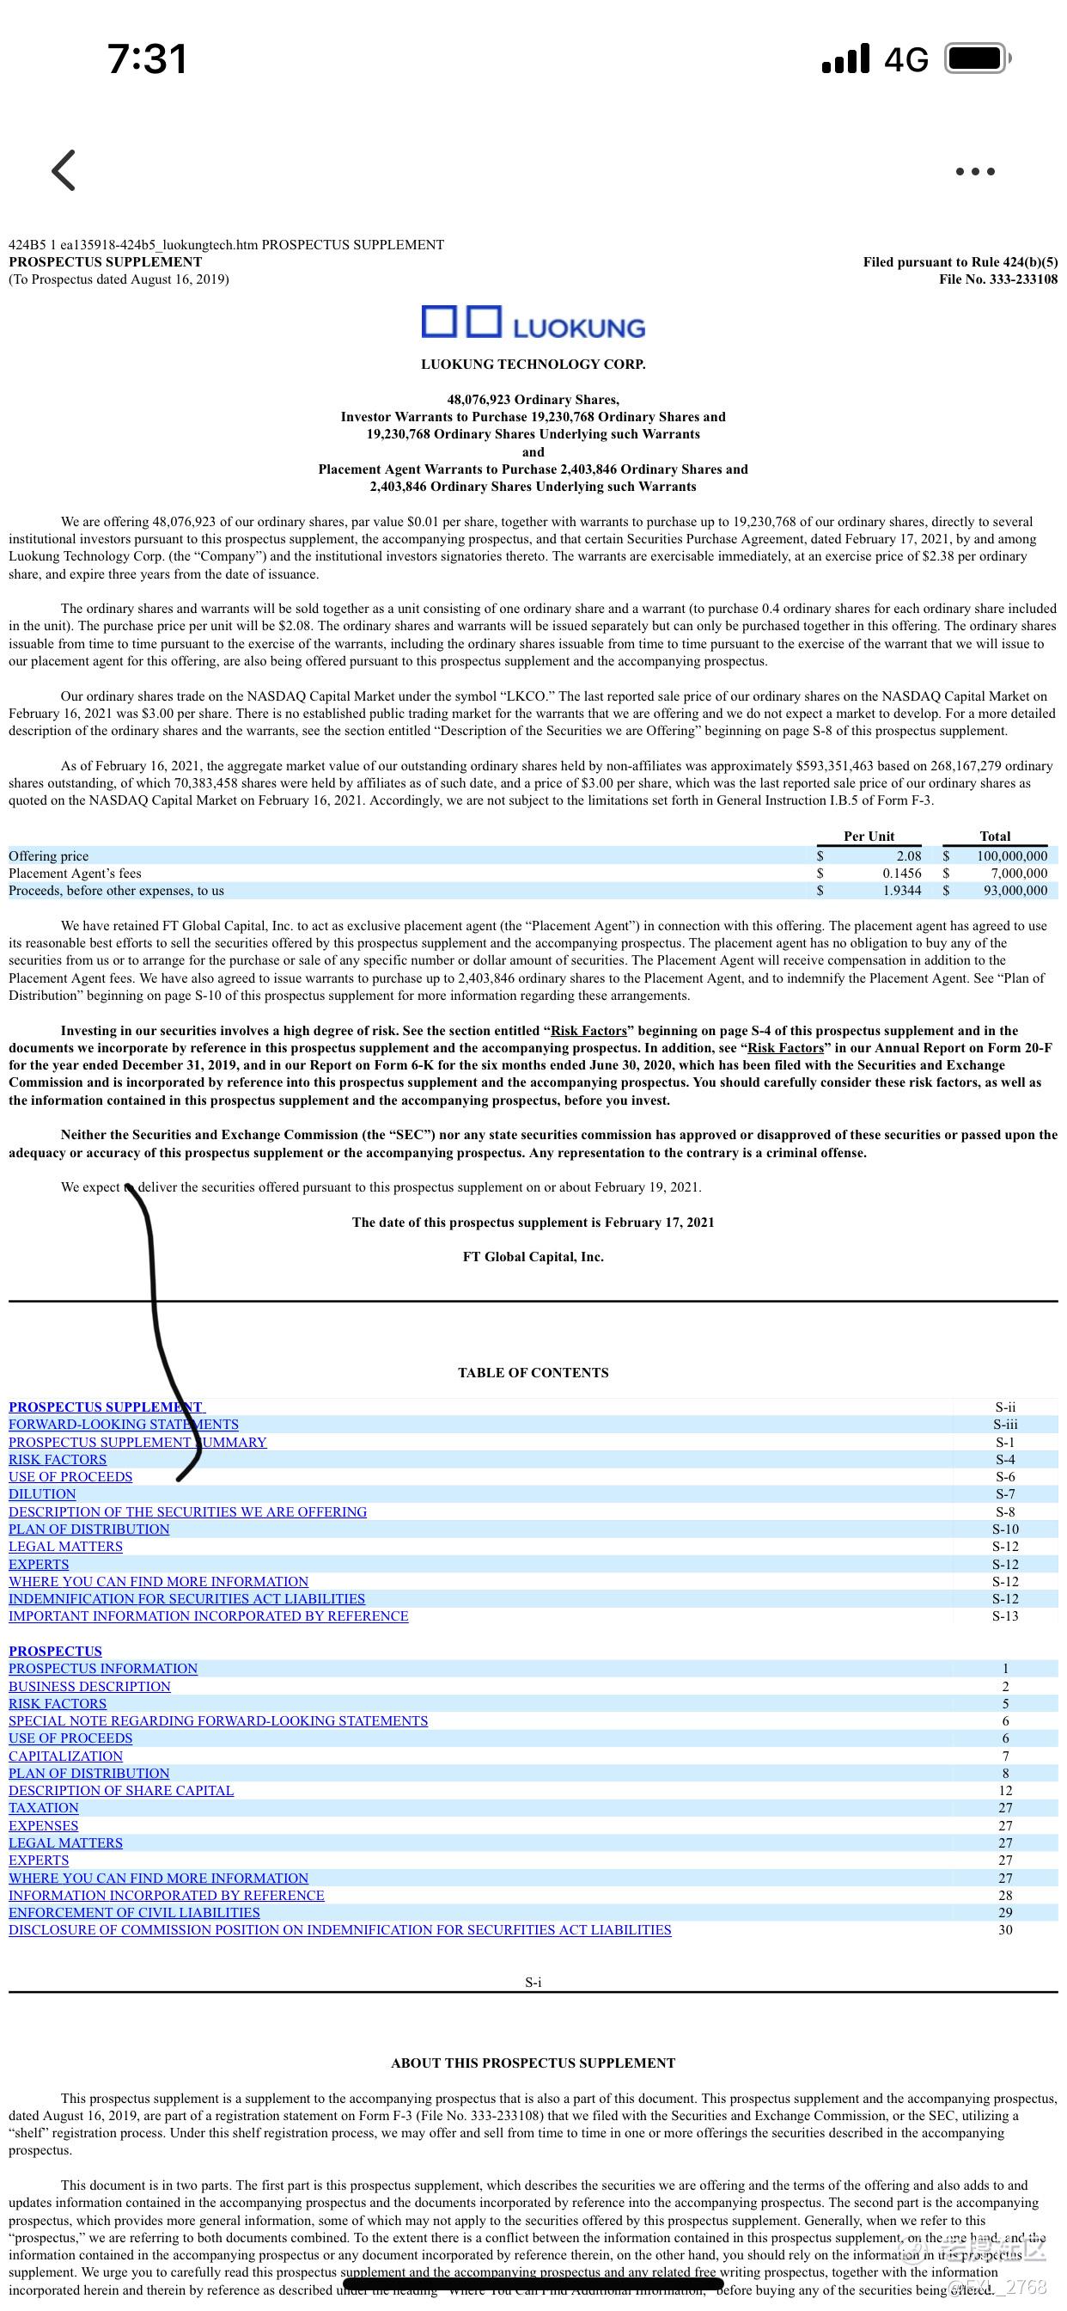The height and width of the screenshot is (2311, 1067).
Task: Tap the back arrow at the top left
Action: click(64, 170)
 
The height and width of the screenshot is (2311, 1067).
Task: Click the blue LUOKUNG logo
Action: click(533, 324)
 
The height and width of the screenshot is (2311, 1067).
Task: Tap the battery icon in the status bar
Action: click(978, 59)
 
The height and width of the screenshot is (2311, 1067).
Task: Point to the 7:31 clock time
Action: click(147, 59)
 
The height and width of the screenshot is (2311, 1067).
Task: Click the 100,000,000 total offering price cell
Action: click(1011, 855)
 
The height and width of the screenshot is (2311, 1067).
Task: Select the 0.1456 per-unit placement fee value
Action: click(901, 873)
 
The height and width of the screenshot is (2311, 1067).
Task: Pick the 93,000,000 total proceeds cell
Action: click(1015, 891)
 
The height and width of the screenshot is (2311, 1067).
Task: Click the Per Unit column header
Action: click(868, 837)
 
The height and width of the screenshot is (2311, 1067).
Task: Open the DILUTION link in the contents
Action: click(42, 1493)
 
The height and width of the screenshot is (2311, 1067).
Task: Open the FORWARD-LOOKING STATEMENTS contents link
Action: click(124, 1424)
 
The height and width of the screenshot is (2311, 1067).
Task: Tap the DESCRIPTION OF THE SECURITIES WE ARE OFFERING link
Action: click(187, 1511)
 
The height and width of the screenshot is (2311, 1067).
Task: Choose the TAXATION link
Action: click(44, 1808)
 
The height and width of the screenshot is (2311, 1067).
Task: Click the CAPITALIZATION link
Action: click(65, 1756)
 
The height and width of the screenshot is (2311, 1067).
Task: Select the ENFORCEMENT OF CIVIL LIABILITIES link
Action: click(135, 1912)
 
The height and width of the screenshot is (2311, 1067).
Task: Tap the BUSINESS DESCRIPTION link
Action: click(89, 1686)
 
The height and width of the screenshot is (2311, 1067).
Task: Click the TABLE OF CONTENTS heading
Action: click(533, 1373)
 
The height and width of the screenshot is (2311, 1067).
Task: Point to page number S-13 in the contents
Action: click(1005, 1615)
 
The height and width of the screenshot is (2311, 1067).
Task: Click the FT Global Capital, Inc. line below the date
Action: click(533, 1257)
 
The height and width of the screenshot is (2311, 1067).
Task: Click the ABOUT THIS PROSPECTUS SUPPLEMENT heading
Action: click(533, 2063)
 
